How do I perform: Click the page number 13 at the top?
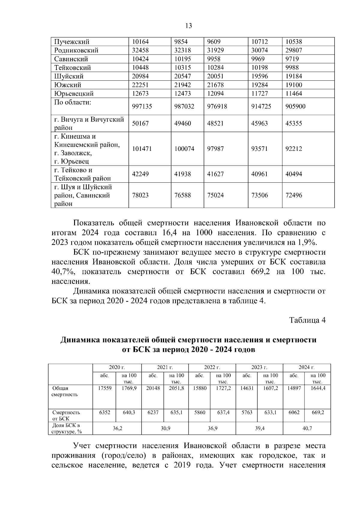[189, 26]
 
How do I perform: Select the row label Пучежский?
[72, 42]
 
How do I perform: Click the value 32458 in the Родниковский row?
[140, 50]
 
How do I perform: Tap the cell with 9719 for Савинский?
[292, 59]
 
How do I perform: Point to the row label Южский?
[67, 85]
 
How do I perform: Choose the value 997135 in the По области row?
[142, 106]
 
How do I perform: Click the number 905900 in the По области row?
[295, 106]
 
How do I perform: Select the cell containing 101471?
[142, 149]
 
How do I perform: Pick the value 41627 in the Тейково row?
[215, 174]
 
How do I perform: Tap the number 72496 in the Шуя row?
[294, 195]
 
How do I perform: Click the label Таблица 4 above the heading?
[307, 320]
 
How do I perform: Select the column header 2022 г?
[212, 367]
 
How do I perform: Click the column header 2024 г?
[307, 367]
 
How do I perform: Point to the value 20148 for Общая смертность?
[153, 388]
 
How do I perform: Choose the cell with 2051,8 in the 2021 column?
[177, 388]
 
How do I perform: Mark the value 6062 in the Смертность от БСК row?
[294, 412]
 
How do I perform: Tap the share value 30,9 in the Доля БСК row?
[165, 429]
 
